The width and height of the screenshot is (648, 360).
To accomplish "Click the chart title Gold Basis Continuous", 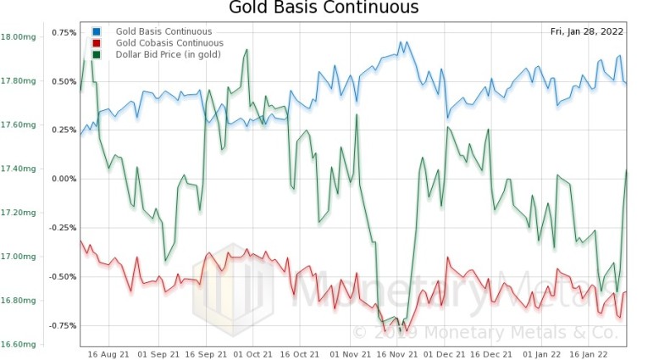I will point(324,8).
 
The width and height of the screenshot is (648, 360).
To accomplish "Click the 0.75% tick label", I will point(64,32).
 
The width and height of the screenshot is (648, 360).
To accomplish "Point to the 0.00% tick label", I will point(64,179).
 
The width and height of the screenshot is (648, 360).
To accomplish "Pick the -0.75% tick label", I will point(63,325).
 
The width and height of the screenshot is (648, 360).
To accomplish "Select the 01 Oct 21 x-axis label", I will point(252,353).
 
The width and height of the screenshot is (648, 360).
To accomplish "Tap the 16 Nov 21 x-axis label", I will point(392,353).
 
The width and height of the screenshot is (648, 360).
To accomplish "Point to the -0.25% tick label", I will point(63,228).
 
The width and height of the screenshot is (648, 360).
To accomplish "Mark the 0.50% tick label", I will point(64,81).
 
